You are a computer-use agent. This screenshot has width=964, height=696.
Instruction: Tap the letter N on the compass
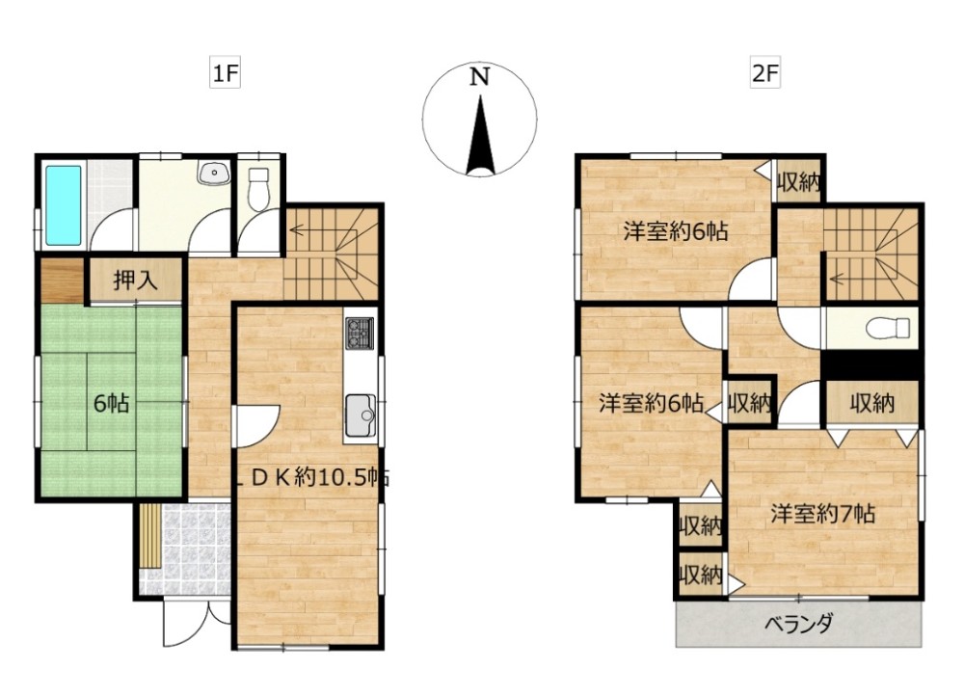coord(478,77)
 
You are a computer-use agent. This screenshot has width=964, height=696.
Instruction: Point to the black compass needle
coord(478,140)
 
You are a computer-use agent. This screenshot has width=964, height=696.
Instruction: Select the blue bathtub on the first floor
coord(64,204)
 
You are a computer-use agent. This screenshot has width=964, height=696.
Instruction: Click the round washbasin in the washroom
coord(212,174)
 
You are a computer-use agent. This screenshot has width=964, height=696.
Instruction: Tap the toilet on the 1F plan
coord(259,189)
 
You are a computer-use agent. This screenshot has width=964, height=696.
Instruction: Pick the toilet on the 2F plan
coord(888,328)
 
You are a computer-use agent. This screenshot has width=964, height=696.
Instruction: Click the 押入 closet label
coord(135,281)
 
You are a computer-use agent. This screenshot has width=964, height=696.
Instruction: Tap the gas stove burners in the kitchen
coord(360,333)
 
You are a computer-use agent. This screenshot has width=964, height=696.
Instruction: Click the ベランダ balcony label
coord(799,623)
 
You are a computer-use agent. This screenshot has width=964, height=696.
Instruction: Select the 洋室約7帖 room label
coord(822,514)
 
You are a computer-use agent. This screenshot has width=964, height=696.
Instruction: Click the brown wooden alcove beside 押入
coord(62,281)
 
